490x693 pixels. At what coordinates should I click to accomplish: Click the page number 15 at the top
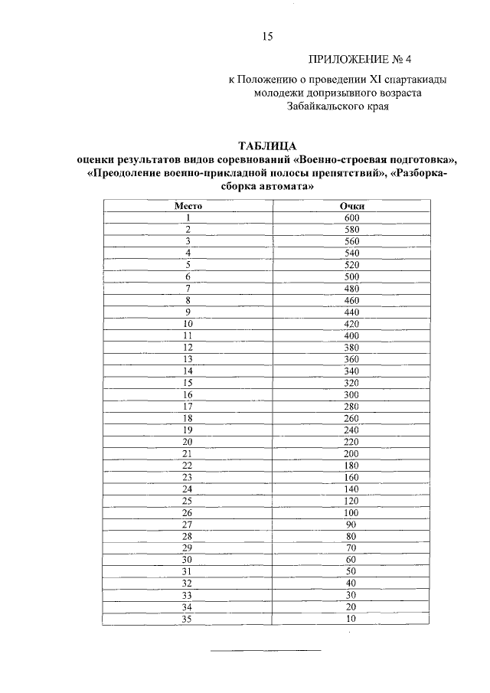point(267,36)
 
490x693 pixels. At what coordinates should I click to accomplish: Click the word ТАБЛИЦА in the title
point(266,145)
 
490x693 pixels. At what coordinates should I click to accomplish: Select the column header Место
point(188,206)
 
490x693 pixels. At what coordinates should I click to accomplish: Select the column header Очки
point(351,206)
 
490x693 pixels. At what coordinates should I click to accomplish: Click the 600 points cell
point(351,217)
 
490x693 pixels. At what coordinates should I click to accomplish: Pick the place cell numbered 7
point(188,288)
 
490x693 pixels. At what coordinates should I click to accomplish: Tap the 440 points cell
point(351,312)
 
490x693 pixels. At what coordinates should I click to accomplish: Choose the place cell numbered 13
point(188,358)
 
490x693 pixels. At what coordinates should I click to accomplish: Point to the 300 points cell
point(351,394)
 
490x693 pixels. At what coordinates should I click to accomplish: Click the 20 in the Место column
point(188,441)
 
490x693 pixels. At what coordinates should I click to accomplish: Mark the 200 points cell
point(351,453)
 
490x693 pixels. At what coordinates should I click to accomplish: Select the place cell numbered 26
point(188,512)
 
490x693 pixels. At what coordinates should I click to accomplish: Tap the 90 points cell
point(351,523)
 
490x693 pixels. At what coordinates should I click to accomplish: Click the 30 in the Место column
point(188,559)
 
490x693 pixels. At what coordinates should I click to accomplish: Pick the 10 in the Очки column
point(351,618)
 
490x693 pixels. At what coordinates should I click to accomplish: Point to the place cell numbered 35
point(188,618)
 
